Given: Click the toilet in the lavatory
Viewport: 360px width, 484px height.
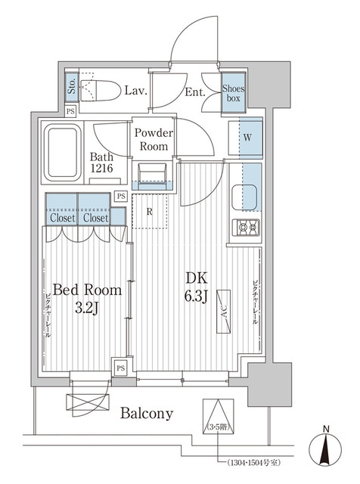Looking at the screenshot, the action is click(101, 91).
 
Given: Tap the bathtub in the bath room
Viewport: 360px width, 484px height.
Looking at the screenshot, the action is click(62, 153).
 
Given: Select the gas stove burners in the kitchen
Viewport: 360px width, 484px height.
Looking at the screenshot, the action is click(246, 228).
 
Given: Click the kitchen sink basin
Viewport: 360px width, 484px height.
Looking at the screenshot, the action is click(244, 197).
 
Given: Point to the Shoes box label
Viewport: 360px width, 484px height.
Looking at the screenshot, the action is click(234, 93).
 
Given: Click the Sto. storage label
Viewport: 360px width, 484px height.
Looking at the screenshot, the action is click(72, 86).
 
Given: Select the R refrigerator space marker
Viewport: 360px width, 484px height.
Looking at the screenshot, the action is click(150, 212).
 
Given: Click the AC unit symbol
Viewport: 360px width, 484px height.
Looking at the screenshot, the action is click(224, 312).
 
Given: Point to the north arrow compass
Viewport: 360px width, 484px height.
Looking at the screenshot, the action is click(325, 448).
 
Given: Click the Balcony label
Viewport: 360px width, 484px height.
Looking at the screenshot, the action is click(147, 414).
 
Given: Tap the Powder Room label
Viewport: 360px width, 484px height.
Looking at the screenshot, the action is click(154, 139).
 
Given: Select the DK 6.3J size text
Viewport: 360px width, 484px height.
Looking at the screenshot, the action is click(196, 287).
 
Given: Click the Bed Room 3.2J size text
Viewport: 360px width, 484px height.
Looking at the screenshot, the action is click(87, 298).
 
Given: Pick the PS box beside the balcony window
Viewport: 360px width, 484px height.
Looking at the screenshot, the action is click(121, 368).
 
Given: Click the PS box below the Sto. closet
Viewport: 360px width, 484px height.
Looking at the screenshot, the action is click(70, 111).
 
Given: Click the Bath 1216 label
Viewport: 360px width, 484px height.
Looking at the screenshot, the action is click(101, 163).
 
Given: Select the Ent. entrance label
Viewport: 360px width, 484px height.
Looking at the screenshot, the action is click(195, 92).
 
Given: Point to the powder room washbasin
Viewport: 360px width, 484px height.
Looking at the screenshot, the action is click(153, 176).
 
